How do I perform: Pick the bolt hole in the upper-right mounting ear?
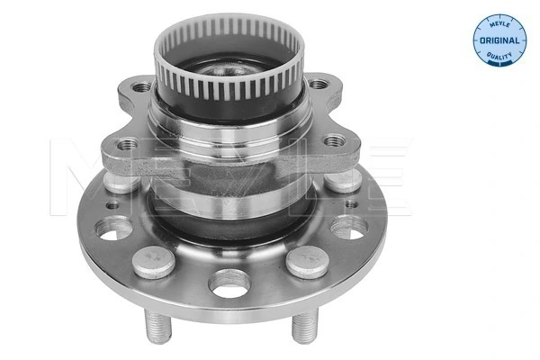319,85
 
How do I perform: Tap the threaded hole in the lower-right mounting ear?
335,140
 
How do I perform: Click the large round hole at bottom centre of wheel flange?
229,283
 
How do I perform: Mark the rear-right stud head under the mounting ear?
342,178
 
